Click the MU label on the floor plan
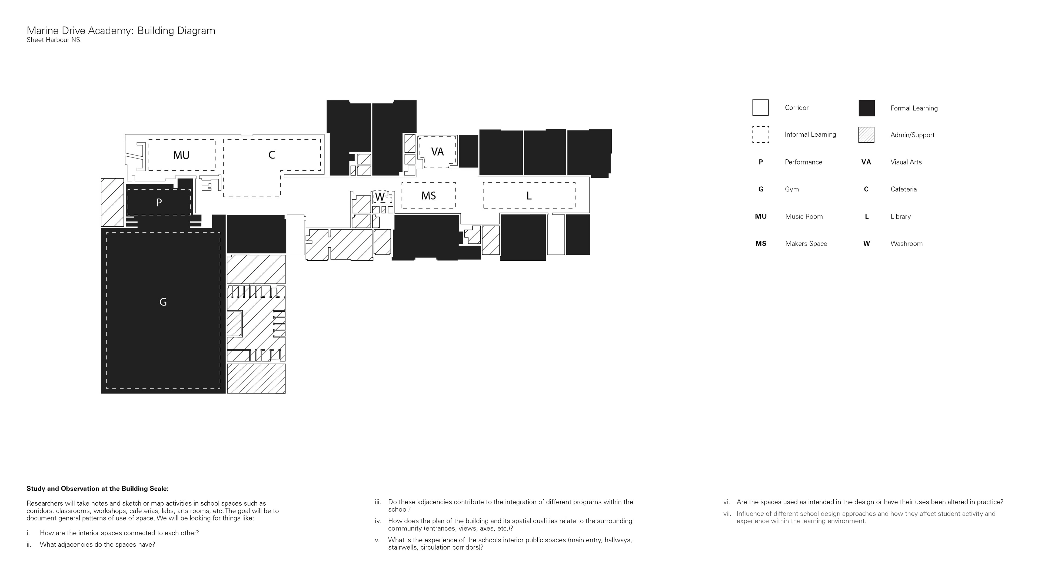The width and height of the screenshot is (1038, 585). click(x=181, y=155)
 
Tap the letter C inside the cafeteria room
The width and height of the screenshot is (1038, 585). click(x=272, y=155)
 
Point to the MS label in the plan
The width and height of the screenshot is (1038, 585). click(x=428, y=196)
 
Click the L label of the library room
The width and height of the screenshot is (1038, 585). click(x=529, y=196)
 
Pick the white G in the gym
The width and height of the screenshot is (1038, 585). click(x=163, y=302)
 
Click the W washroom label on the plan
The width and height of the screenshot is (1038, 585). click(x=380, y=197)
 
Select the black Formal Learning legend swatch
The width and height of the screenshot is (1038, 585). click(x=866, y=108)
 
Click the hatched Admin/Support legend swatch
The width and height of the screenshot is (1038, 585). click(x=866, y=135)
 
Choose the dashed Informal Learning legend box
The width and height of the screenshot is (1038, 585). click(x=760, y=135)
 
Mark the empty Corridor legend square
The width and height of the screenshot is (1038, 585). click(x=760, y=107)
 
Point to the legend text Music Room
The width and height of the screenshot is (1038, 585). click(x=804, y=217)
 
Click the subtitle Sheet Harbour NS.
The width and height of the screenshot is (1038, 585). click(x=54, y=40)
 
